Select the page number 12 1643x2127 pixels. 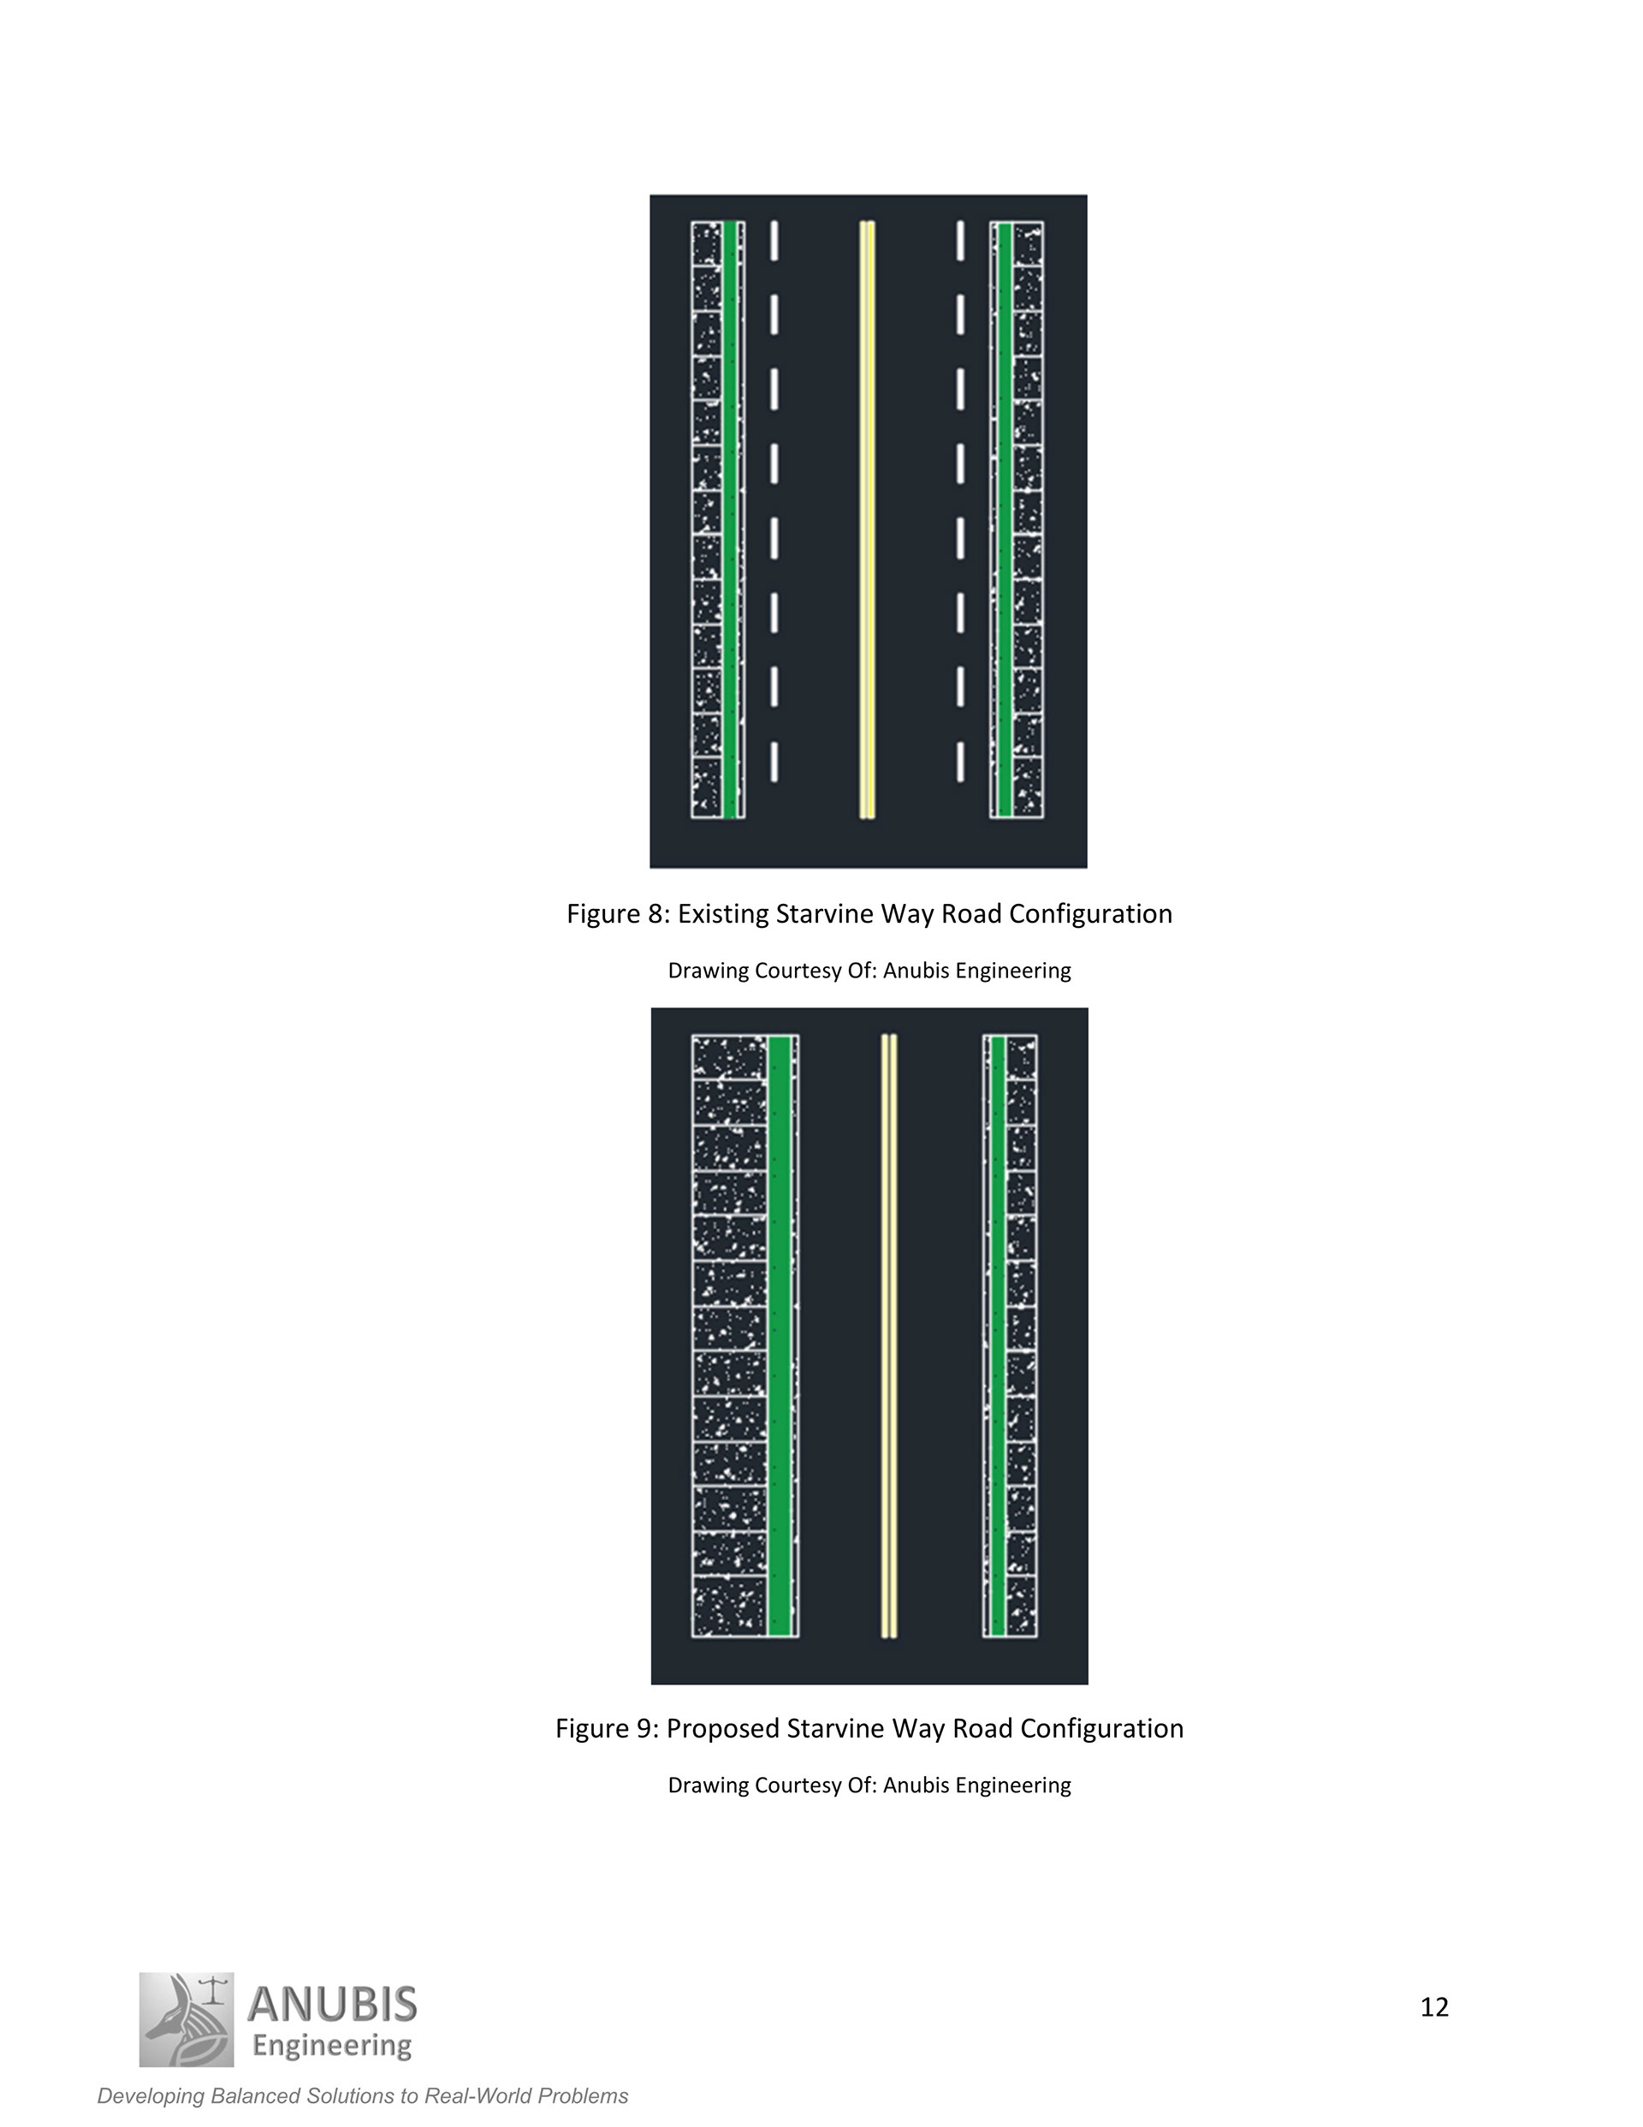(1433, 1999)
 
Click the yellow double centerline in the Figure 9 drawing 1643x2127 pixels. (888, 1336)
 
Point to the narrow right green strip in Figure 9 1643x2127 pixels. (997, 1336)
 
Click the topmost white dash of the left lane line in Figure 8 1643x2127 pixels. (774, 241)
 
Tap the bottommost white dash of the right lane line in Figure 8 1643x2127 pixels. (960, 763)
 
